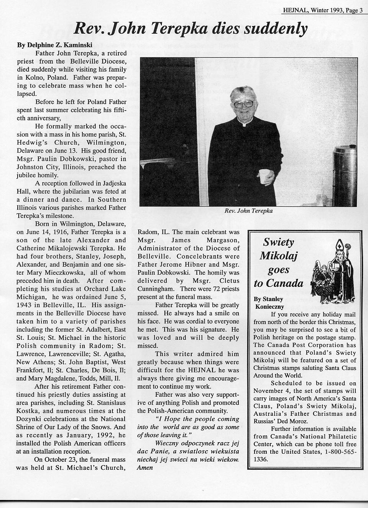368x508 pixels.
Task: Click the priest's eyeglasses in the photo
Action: [x=244, y=104]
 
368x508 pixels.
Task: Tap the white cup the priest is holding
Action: [x=263, y=176]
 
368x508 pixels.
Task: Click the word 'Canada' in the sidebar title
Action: [x=284, y=283]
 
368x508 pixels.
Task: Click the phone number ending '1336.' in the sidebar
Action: [x=261, y=459]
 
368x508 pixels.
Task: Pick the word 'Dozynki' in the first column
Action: [x=28, y=419]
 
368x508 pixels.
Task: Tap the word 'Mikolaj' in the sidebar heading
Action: [x=279, y=256]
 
